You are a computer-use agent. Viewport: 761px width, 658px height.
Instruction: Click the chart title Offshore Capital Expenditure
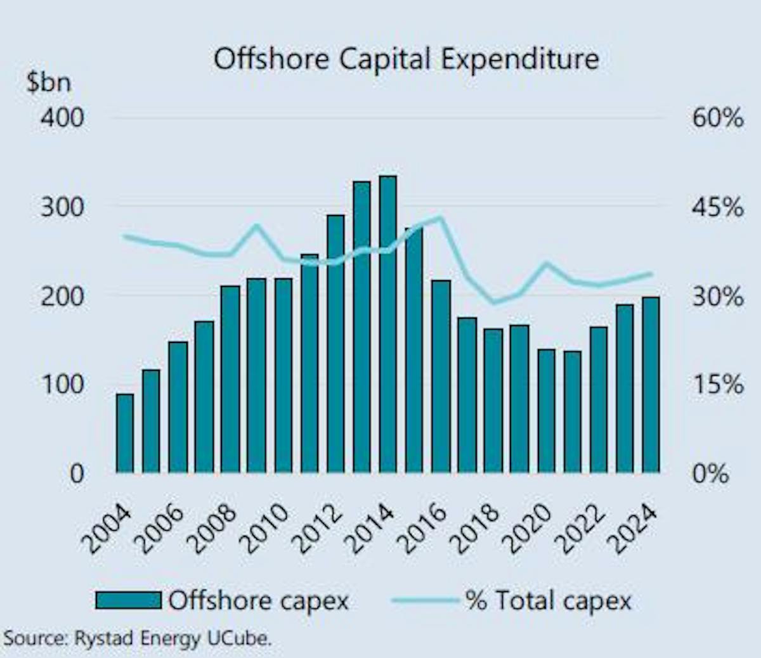click(406, 60)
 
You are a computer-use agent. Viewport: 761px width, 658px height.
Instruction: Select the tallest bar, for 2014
click(388, 323)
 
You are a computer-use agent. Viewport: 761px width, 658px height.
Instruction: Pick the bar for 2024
click(651, 384)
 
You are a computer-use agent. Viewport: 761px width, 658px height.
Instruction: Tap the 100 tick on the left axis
click(62, 384)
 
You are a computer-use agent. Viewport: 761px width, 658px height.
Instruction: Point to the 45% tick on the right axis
click(717, 207)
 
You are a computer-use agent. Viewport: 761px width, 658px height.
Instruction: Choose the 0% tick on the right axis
click(710, 473)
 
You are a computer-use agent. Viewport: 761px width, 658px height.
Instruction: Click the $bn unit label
click(48, 82)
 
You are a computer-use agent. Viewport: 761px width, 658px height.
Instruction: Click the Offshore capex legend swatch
click(128, 600)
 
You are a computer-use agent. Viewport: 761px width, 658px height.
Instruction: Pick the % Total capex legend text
click(549, 600)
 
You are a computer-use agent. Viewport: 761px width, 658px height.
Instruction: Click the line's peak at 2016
click(440, 217)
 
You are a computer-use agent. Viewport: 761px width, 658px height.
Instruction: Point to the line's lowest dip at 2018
click(494, 302)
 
